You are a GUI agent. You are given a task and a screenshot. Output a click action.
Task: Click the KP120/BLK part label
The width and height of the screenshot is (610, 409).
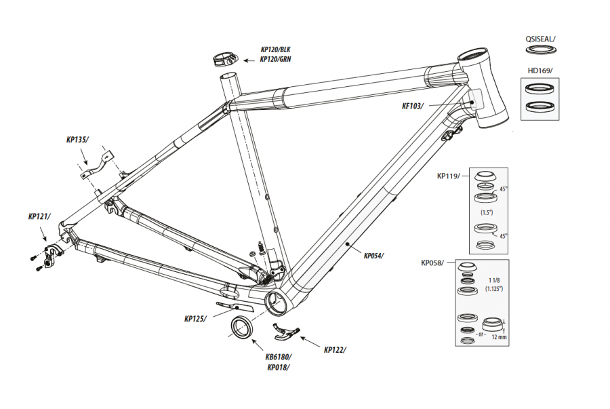(x=275, y=50)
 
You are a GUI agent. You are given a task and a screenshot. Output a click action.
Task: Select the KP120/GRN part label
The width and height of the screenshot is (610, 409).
(x=275, y=59)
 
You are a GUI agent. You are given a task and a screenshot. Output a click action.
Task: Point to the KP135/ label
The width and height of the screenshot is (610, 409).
(x=77, y=140)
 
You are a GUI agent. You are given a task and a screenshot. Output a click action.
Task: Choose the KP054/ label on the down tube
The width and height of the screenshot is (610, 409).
(x=373, y=256)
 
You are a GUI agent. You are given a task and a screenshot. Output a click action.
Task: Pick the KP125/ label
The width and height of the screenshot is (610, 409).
(x=196, y=318)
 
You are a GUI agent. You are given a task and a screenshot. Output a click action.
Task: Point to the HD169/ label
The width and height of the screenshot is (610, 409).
(x=540, y=71)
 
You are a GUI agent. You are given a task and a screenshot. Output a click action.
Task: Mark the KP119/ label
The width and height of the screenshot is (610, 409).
(x=448, y=176)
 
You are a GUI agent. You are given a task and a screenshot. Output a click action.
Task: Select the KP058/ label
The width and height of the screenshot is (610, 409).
(x=432, y=262)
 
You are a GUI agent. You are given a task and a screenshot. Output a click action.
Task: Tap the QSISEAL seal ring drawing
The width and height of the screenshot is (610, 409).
(x=540, y=50)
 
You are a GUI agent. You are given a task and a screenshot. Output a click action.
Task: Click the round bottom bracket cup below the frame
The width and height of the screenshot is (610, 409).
(x=241, y=326)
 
